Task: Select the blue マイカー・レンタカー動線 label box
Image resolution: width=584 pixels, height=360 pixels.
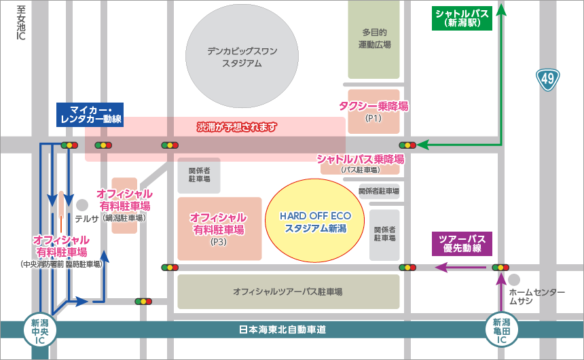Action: (x=90, y=115)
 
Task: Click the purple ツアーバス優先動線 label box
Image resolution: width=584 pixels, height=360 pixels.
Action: (x=462, y=244)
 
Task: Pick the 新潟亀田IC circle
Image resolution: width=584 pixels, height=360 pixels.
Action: (x=501, y=331)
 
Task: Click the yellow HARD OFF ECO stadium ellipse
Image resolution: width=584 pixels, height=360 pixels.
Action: (x=314, y=220)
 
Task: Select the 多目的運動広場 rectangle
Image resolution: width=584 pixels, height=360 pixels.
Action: (x=374, y=39)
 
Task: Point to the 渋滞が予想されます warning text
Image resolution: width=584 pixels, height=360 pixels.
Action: (x=237, y=126)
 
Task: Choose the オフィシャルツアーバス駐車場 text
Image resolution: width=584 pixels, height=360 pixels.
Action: (x=287, y=291)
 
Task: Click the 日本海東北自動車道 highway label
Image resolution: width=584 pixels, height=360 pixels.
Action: (x=283, y=329)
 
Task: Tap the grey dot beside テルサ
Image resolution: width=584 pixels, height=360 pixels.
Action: (x=82, y=204)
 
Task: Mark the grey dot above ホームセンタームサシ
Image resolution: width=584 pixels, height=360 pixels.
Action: (x=514, y=280)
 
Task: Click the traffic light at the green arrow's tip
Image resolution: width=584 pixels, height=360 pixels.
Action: (x=407, y=145)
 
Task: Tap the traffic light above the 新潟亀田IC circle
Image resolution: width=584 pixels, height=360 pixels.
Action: (x=500, y=268)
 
